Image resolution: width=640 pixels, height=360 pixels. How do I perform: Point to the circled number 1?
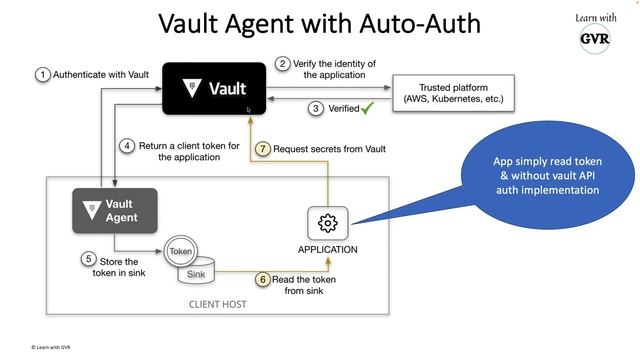click(x=43, y=74)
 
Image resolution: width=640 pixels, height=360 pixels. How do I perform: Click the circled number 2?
click(x=283, y=64)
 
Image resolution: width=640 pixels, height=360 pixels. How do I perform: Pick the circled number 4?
click(x=128, y=146)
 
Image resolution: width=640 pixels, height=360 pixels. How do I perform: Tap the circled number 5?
click(x=88, y=258)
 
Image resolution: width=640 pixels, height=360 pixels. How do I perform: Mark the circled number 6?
click(x=263, y=279)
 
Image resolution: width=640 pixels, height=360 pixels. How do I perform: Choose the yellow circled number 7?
click(x=263, y=149)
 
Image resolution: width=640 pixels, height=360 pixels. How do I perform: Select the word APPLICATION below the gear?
click(x=327, y=249)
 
